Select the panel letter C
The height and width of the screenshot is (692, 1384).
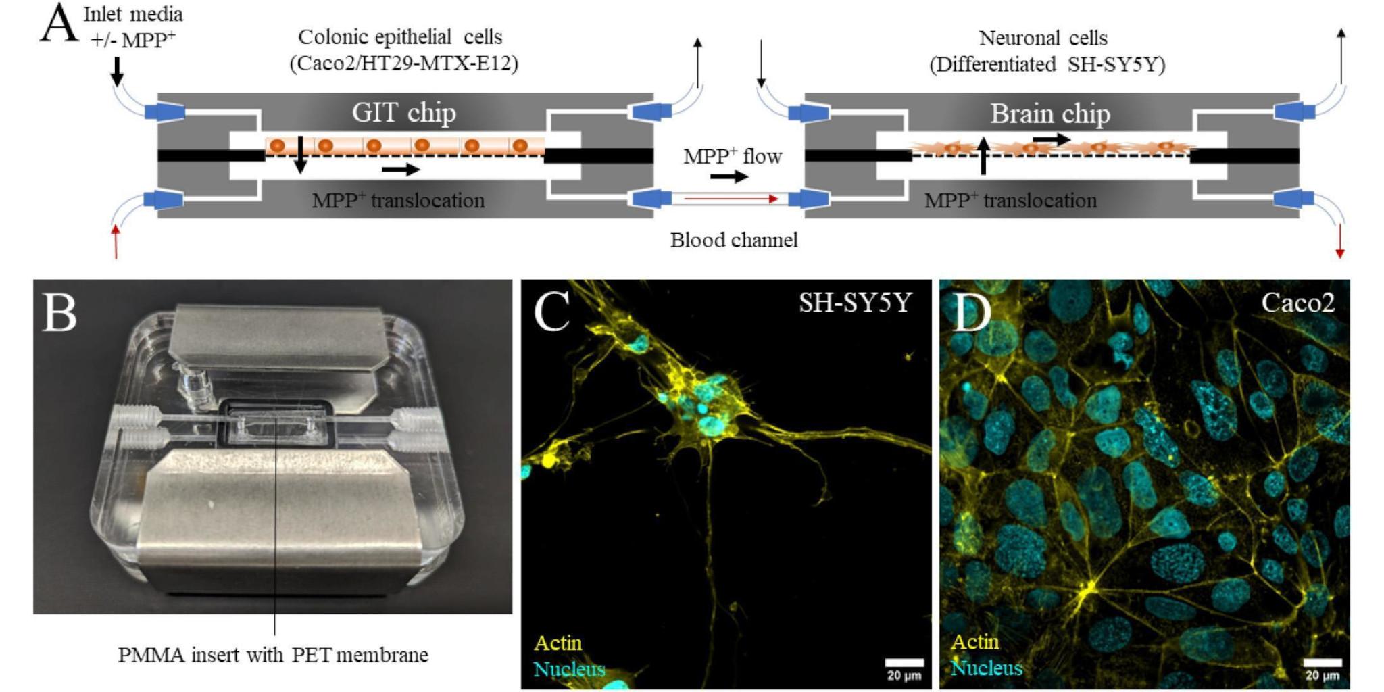pos(551,312)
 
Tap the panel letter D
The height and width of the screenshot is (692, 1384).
pos(971,312)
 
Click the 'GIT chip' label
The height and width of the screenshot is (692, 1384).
pos(403,112)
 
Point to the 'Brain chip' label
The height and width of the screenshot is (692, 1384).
pos(1049,114)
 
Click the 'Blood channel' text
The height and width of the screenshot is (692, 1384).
pos(733,240)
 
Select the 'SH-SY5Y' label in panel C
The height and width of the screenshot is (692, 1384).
pos(855,302)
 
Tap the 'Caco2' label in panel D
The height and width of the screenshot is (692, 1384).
pos(1297,302)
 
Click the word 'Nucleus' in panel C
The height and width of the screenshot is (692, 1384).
pos(569,669)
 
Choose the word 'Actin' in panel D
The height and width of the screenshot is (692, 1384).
pos(974,641)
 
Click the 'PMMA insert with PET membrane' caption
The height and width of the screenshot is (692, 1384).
pos(273,655)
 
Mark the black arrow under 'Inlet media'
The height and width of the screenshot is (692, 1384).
pos(117,71)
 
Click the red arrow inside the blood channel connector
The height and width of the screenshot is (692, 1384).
pos(731,199)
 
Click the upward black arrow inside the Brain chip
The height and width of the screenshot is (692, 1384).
pos(983,155)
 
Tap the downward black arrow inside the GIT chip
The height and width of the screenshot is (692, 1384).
pos(301,155)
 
